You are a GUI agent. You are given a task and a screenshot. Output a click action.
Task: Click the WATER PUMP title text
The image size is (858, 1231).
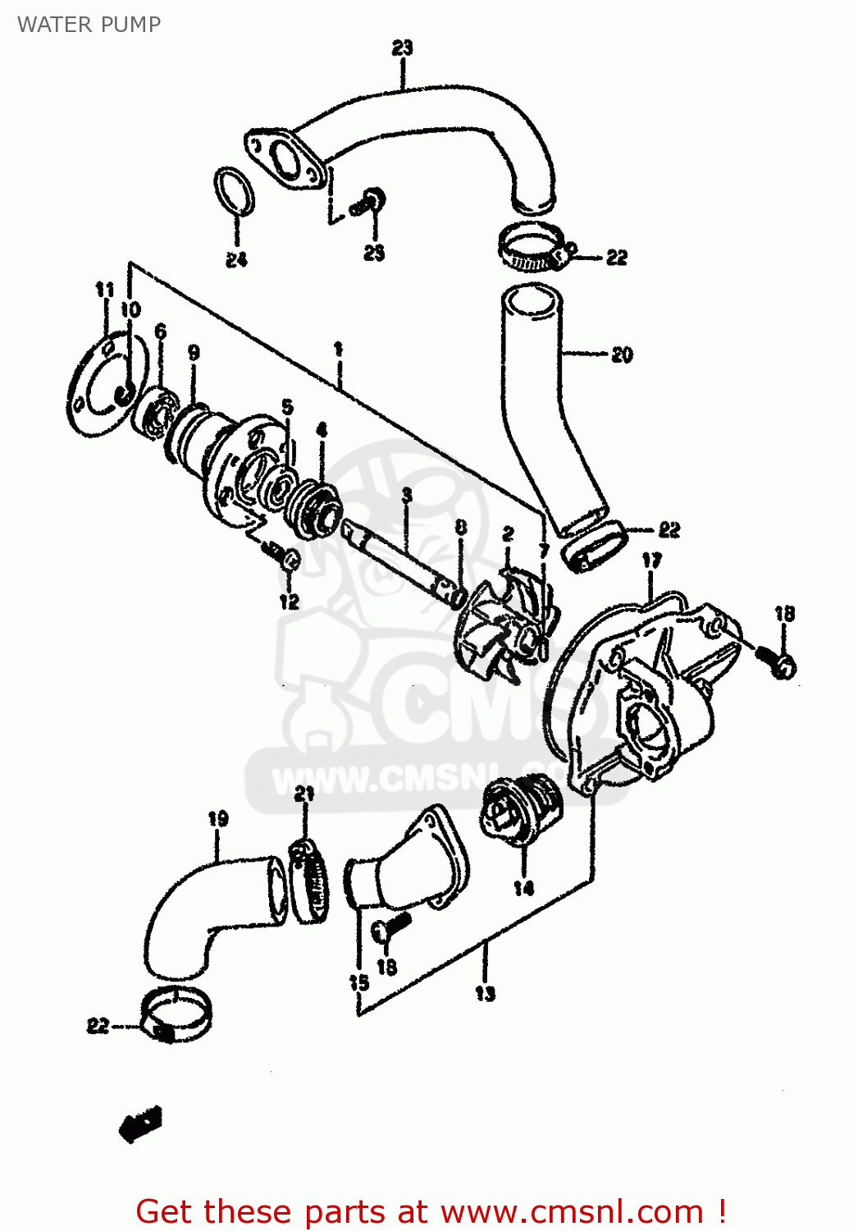click(x=89, y=25)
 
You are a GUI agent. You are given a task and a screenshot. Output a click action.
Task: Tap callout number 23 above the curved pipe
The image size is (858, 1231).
click(x=402, y=48)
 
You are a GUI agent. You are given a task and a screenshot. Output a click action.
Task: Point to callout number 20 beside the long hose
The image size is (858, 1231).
click(x=622, y=355)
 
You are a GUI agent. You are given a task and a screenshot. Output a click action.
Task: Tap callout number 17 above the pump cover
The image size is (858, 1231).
click(x=651, y=561)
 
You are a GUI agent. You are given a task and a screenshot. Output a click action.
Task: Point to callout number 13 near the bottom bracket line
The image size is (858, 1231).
click(x=485, y=993)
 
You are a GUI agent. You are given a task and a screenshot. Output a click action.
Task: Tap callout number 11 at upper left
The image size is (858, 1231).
click(x=105, y=289)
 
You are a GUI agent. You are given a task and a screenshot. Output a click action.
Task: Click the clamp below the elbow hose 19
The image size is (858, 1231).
click(x=176, y=1014)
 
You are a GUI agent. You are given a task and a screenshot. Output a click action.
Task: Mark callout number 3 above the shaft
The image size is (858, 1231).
click(x=407, y=495)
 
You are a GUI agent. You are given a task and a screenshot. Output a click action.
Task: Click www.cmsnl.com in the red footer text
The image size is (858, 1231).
click(x=571, y=1212)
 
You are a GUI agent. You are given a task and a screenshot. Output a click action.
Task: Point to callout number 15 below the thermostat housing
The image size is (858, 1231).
click(x=358, y=982)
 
